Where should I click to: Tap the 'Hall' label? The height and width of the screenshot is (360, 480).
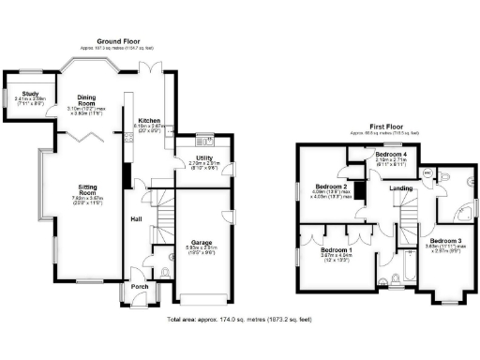tap(136, 220)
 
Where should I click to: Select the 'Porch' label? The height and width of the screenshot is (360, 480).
tap(139, 286)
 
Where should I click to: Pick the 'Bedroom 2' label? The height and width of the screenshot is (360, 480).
tap(331, 186)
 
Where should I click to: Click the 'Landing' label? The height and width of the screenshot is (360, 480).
tap(401, 190)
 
